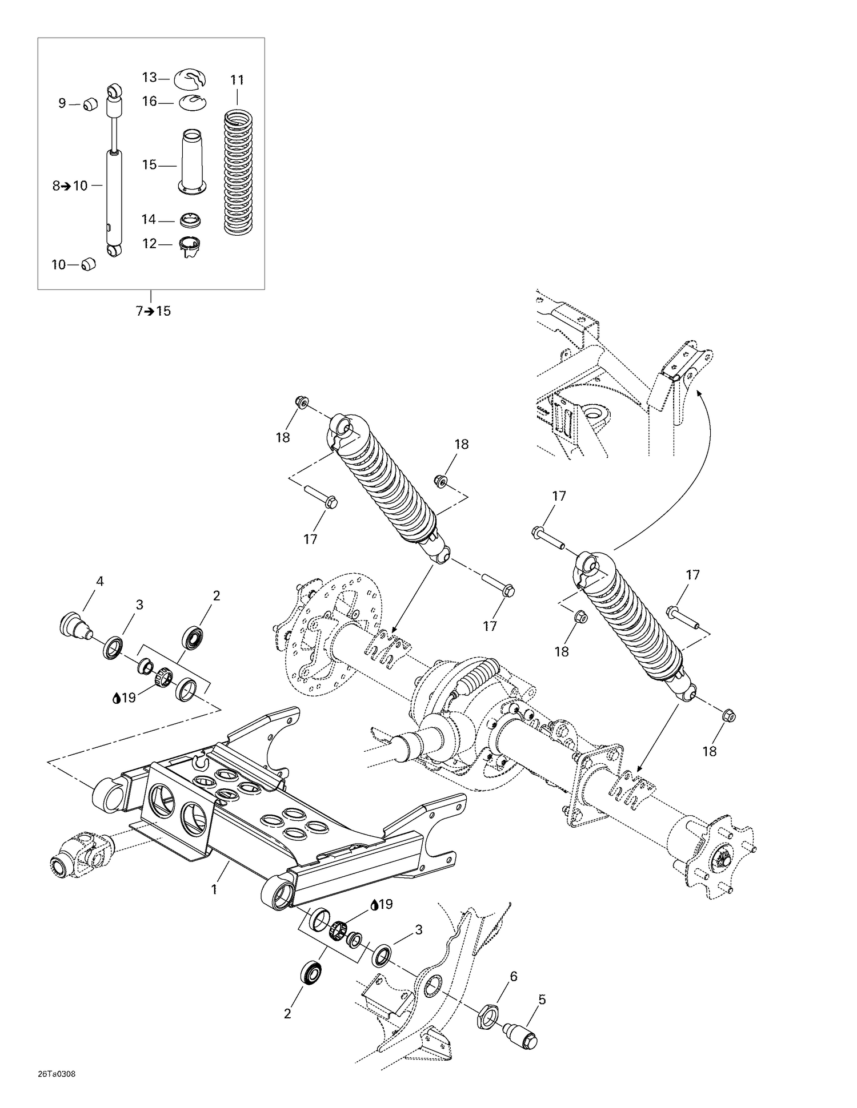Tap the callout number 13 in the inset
click(149, 77)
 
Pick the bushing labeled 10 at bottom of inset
click(88, 265)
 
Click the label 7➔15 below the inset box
click(153, 311)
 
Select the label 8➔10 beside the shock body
click(70, 186)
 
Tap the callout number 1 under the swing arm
click(214, 889)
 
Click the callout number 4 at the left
click(100, 581)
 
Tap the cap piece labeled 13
click(190, 79)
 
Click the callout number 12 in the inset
click(149, 244)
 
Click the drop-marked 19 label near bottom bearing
click(382, 904)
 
